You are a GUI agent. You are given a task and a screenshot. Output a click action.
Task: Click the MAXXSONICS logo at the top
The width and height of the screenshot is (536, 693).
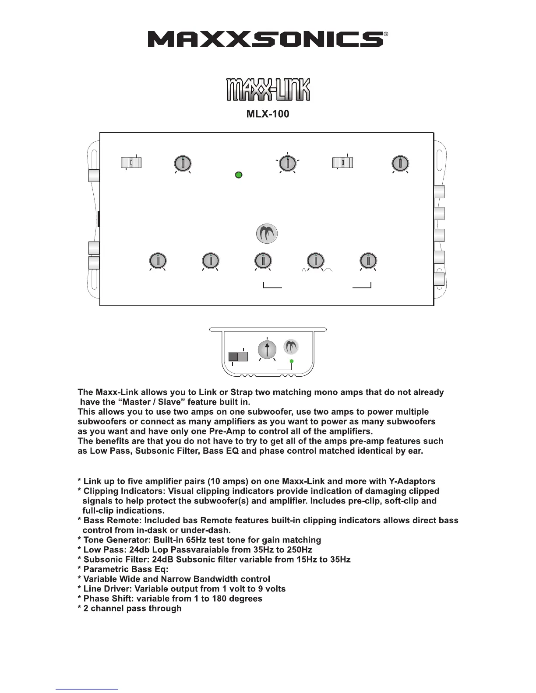pos(265,39)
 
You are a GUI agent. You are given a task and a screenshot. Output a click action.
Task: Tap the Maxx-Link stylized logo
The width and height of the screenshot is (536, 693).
pos(268,90)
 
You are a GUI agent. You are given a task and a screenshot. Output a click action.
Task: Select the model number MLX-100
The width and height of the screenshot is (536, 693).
pos(268,114)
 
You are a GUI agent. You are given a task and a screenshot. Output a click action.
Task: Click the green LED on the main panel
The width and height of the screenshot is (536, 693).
pos(239,175)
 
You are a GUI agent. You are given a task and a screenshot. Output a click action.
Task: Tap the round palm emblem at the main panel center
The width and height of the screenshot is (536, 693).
pos(267,234)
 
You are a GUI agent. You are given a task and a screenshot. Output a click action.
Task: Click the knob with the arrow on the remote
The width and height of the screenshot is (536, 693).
pos(267,350)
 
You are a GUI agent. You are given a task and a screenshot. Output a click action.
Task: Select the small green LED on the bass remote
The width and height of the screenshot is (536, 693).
pos(292,361)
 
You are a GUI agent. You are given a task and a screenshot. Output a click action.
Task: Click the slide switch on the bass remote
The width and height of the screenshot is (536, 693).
pos(238,356)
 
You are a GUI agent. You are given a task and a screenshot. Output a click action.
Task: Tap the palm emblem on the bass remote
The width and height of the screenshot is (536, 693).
pos(291,347)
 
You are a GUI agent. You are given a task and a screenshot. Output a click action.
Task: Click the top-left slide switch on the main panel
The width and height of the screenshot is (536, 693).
pos(131,163)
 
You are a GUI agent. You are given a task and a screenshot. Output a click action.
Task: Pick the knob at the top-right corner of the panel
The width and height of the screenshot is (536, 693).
pos(400,163)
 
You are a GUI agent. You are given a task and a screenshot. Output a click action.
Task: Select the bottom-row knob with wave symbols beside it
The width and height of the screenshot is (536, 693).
pos(315,261)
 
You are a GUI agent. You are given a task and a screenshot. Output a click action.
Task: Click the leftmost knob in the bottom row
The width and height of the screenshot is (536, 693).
pos(157,261)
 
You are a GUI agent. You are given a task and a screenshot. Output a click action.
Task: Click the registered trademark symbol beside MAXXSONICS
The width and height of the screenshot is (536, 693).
pos(386,34)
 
